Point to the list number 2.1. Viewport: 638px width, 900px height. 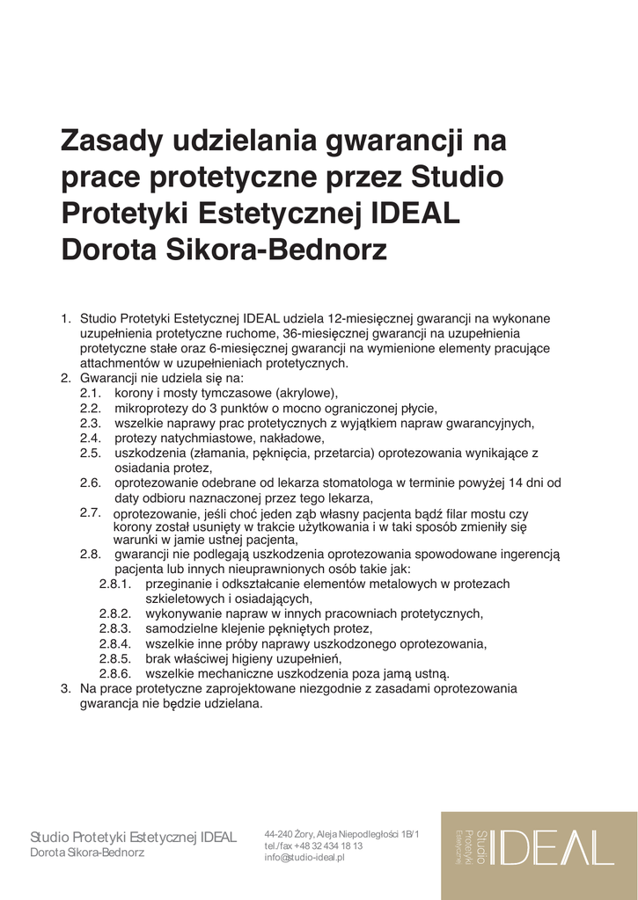pyautogui.click(x=91, y=393)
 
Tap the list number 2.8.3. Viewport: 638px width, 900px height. pyautogui.click(x=114, y=628)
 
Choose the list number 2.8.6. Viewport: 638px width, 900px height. pyautogui.click(x=114, y=673)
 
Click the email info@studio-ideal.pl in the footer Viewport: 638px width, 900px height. pyautogui.click(x=304, y=857)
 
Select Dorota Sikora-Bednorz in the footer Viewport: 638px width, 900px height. pyautogui.click(x=87, y=853)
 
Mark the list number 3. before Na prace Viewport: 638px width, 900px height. pyautogui.click(x=66, y=688)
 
